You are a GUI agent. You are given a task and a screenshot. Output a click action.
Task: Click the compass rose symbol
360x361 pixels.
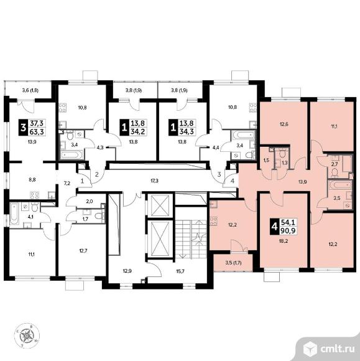pos(27,335)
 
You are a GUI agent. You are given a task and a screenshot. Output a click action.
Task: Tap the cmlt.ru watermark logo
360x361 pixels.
pos(329,349)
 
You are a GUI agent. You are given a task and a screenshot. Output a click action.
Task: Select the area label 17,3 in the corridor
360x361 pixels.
pos(154,181)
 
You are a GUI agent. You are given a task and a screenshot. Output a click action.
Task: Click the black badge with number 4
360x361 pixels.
pos(274,227)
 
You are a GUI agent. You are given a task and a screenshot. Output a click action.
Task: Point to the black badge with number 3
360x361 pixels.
pos(23,128)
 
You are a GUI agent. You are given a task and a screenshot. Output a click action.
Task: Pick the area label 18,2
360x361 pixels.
pos(284,241)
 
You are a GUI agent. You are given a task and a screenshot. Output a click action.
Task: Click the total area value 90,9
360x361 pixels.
pos(287,230)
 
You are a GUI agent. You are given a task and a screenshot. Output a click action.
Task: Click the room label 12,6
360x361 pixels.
pos(284,124)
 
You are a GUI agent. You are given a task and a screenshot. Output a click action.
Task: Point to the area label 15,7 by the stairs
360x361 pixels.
pos(180,271)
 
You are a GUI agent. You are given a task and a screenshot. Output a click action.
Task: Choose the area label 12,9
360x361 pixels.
pos(127,271)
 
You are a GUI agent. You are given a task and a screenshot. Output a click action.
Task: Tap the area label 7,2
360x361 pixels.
pos(67,183)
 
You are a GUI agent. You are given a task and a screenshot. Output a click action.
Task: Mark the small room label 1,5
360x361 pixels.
pos(266,160)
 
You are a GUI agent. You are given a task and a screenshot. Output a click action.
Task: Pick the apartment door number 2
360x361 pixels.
pos(97,174)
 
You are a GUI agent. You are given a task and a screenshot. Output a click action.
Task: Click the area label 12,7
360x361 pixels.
pos(82,250)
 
